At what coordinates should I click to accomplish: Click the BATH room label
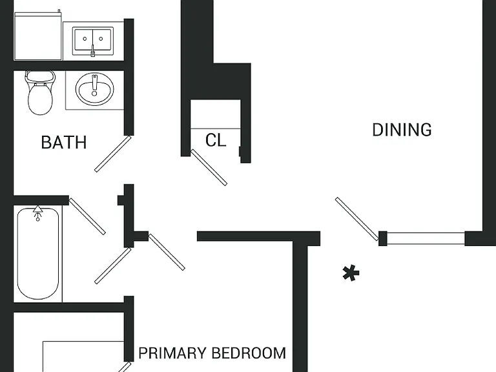point(64,142)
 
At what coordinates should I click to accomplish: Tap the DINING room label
point(402,130)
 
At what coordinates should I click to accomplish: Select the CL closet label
point(216,140)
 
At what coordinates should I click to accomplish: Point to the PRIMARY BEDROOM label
point(212,353)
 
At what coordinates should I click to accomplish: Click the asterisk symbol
point(351,273)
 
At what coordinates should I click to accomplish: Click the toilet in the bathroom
point(40,93)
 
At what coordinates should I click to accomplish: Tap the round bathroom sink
point(94,89)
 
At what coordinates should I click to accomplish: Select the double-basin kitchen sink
point(93,41)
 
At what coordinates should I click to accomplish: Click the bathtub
point(38,253)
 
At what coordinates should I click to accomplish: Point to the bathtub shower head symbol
point(38,212)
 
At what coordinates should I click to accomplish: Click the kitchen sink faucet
point(93,50)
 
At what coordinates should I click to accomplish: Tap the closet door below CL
point(209,167)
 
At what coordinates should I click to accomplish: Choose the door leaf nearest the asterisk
point(357,219)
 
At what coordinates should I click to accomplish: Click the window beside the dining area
point(426,238)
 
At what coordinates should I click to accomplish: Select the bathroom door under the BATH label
point(113,154)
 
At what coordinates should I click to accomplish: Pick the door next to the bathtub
point(87,216)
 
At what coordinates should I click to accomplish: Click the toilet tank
point(40,76)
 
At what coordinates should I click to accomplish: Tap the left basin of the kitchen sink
point(83,39)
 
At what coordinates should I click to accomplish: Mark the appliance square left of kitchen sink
point(38,36)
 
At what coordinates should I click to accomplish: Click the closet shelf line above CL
point(216,129)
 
